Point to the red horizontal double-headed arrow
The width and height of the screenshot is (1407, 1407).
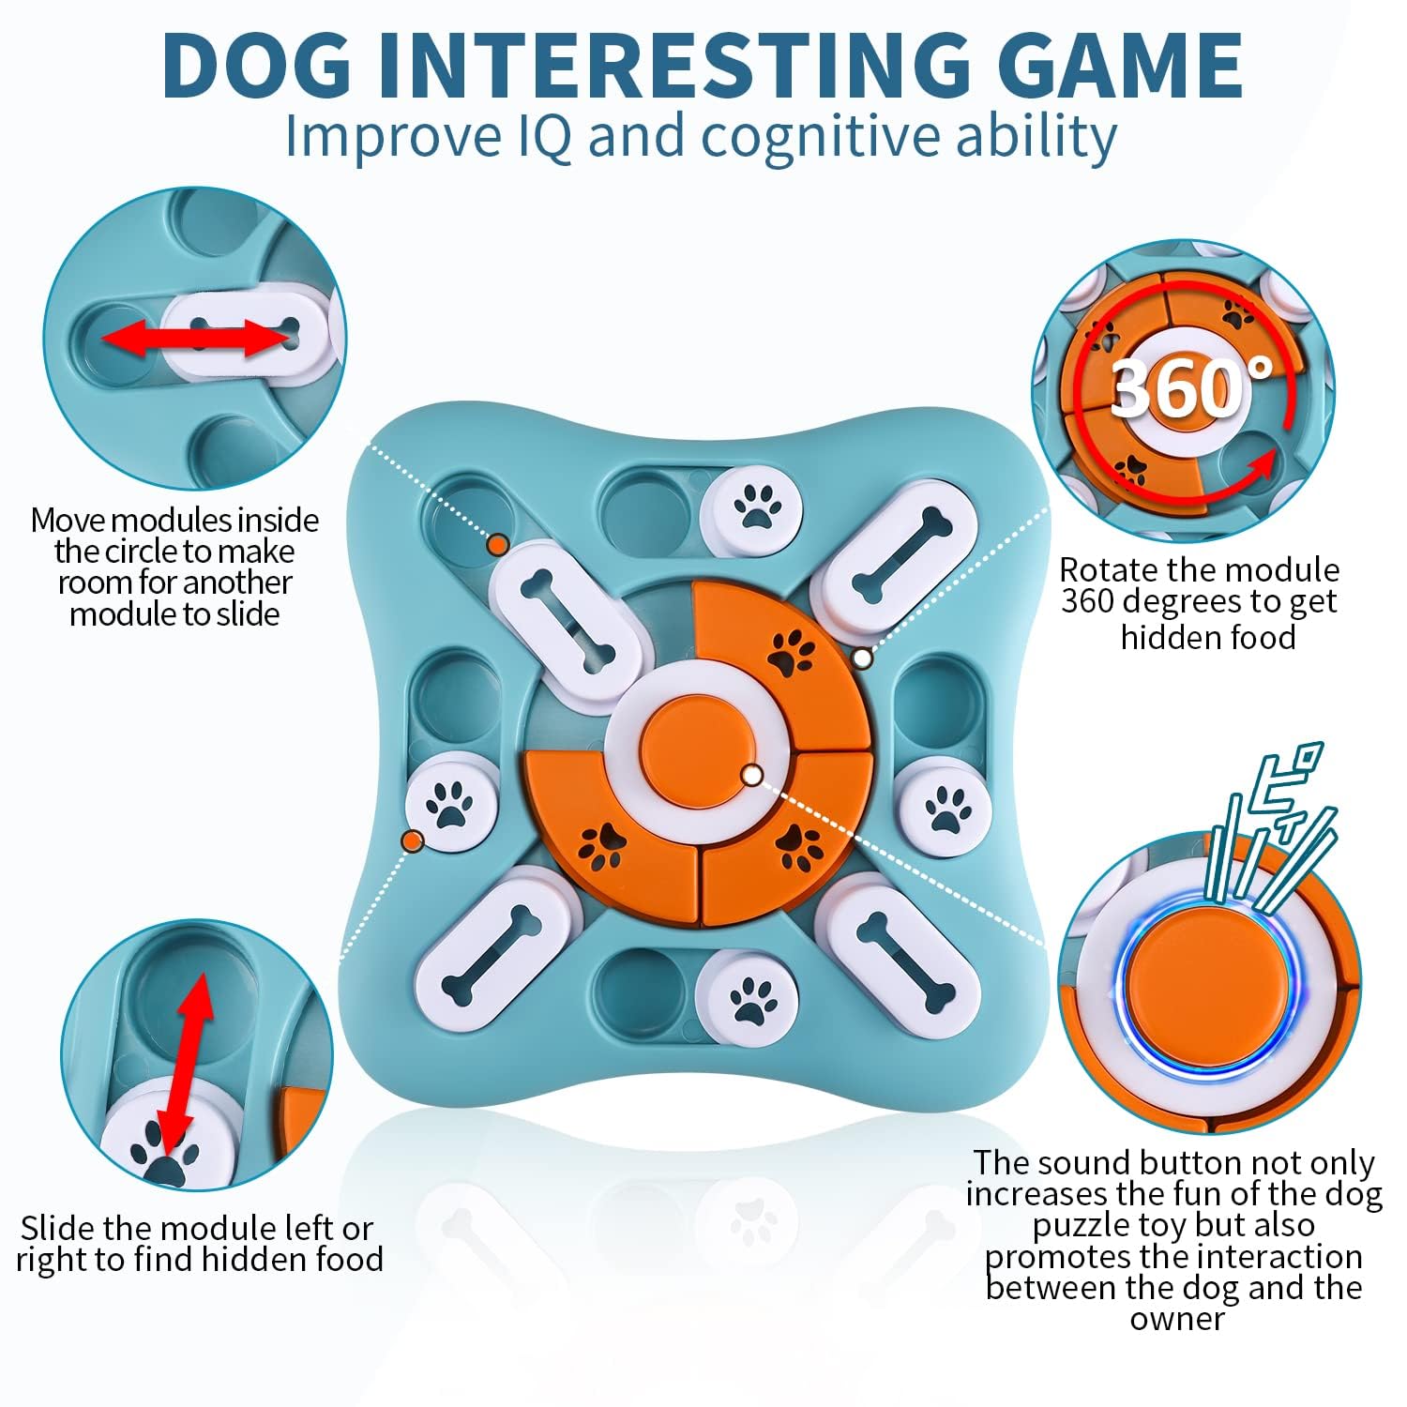(x=198, y=338)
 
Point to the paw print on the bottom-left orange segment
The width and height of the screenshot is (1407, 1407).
(x=601, y=843)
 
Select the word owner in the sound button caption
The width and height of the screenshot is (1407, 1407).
(x=1176, y=1318)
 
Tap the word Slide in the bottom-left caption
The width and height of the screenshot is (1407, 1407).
(x=58, y=1228)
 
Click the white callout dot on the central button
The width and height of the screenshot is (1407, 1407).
(x=751, y=774)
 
